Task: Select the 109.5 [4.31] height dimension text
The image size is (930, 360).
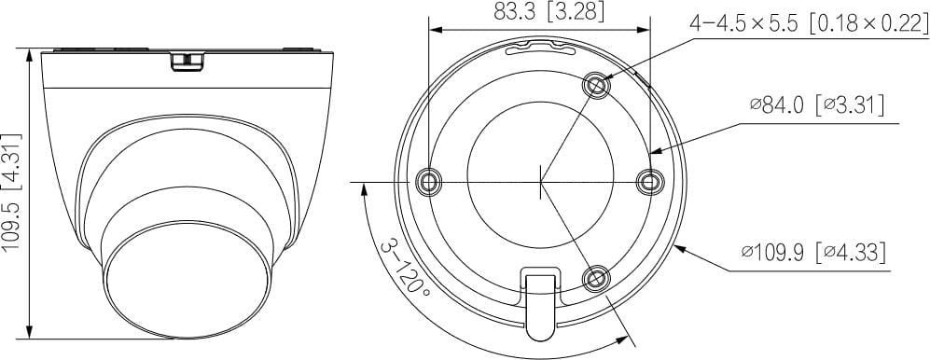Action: [13, 193]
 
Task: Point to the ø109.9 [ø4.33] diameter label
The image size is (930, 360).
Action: [813, 254]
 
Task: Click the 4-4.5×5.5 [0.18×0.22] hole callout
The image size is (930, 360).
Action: [809, 23]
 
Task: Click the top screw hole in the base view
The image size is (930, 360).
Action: [596, 86]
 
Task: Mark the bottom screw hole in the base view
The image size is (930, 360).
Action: [596, 278]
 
